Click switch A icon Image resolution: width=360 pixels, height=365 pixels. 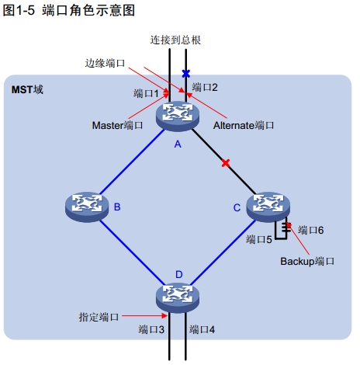pyautogui.click(x=178, y=116)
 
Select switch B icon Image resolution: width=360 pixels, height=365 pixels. pyautogui.click(x=87, y=207)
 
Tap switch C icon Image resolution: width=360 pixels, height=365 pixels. pyautogui.click(x=268, y=207)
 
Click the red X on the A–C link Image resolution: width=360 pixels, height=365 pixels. pyautogui.click(x=226, y=163)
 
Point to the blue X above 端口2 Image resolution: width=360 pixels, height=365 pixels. pyautogui.click(x=185, y=74)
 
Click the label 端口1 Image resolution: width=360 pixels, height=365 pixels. pyautogui.click(x=146, y=93)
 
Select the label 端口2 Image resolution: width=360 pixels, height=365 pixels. pyautogui.click(x=205, y=87)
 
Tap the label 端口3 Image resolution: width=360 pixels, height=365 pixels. pyautogui.click(x=151, y=329)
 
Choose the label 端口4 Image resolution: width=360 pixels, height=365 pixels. pyautogui.click(x=202, y=329)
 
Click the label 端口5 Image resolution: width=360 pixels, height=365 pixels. pyautogui.click(x=259, y=239)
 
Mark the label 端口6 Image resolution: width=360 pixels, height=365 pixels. pyautogui.click(x=310, y=230)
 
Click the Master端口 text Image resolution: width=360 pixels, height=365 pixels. pyautogui.click(x=117, y=125)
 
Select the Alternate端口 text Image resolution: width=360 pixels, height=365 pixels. pyautogui.click(x=244, y=125)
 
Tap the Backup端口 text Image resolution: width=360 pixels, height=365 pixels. pyautogui.click(x=307, y=261)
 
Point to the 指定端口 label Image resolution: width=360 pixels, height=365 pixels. pyautogui.click(x=99, y=317)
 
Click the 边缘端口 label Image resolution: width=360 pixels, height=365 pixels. pyautogui.click(x=105, y=63)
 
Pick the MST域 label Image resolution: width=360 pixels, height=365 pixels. pyautogui.click(x=27, y=89)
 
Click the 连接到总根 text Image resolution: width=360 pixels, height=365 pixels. pyautogui.click(x=175, y=40)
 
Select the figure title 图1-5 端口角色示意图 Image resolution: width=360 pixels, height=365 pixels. pyautogui.click(x=69, y=10)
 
